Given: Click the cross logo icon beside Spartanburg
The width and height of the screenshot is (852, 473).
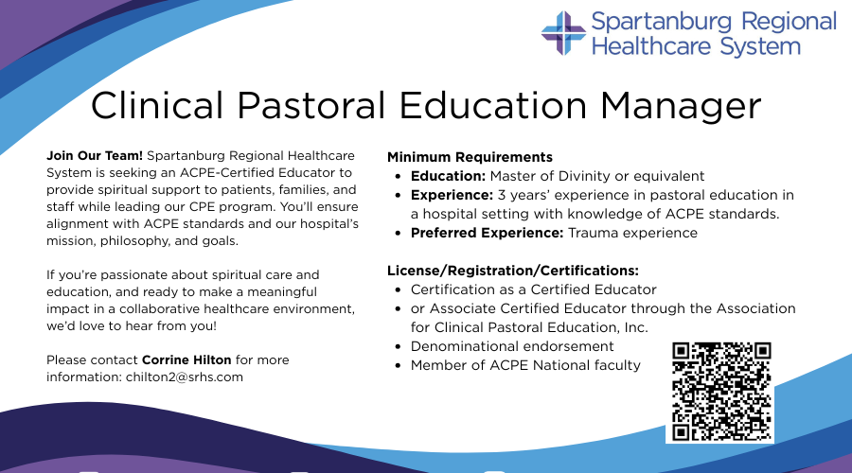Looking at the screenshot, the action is [x=563, y=33].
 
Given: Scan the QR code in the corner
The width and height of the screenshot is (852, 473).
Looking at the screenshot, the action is [x=721, y=392].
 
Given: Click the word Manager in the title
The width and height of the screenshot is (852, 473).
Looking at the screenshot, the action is [x=681, y=106].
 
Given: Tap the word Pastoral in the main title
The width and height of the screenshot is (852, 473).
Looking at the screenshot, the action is [x=311, y=105].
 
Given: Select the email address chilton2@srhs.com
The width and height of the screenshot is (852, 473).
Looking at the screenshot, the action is [x=185, y=377].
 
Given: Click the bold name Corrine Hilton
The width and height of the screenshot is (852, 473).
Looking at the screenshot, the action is [x=186, y=359].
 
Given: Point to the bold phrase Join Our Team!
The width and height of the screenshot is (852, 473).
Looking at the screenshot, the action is [x=95, y=155].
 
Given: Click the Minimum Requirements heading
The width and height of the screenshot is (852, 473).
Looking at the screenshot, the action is [x=470, y=157].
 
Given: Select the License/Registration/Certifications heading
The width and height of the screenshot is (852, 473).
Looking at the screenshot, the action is [x=513, y=271].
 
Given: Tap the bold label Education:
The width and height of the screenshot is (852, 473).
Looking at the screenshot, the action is [x=448, y=176].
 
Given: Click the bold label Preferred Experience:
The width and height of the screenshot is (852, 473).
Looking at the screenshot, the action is [x=487, y=233].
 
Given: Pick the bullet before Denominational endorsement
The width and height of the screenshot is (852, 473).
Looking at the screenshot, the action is [x=399, y=346].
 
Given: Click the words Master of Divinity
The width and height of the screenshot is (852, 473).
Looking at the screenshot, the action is [x=550, y=176].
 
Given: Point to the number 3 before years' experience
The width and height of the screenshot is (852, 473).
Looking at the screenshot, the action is [x=501, y=195].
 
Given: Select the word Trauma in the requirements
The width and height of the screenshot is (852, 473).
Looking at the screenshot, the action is [x=594, y=233].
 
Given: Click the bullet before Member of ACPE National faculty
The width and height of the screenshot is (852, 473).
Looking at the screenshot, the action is [x=399, y=365].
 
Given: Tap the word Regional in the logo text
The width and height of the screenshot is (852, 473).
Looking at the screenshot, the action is [x=789, y=23].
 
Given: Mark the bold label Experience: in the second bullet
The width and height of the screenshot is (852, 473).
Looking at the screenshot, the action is [x=452, y=195].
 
